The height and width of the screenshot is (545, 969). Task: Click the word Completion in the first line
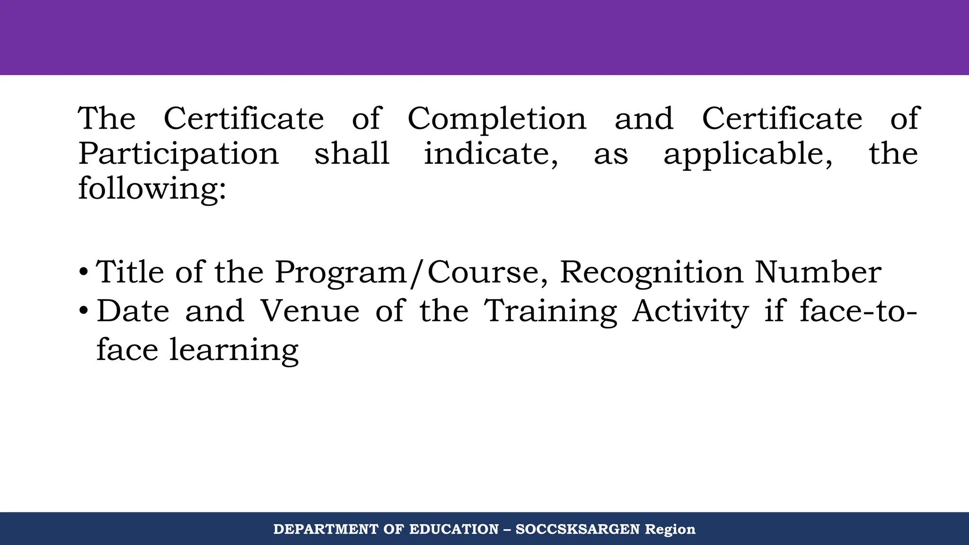pyautogui.click(x=496, y=118)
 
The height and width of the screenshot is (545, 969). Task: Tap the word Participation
pyautogui.click(x=179, y=154)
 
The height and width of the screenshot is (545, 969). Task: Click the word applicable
pyautogui.click(x=748, y=154)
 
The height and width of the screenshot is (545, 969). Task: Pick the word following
pyautogui.click(x=152, y=188)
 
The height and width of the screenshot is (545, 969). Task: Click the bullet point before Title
pyautogui.click(x=83, y=272)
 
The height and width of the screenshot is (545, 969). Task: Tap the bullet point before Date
pyautogui.click(x=83, y=311)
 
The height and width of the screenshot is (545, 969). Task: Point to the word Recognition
pyautogui.click(x=652, y=273)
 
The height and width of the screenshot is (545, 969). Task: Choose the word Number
pyautogui.click(x=818, y=272)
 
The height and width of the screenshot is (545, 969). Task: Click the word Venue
pyautogui.click(x=310, y=311)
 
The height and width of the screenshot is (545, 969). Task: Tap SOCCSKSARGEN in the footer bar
pyautogui.click(x=577, y=529)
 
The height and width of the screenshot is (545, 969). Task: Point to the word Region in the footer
pyautogui.click(x=670, y=529)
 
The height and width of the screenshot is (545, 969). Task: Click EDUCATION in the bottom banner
pyautogui.click(x=454, y=529)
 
